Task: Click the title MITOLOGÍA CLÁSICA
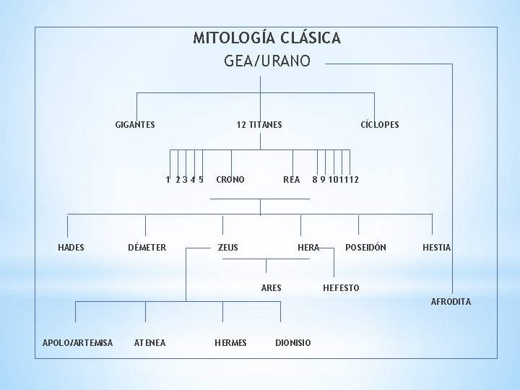266,38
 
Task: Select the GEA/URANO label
267,61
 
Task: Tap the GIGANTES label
135,125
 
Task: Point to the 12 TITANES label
259,125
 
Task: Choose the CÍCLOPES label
380,125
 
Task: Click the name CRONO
230,179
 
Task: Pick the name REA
292,179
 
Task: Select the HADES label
71,247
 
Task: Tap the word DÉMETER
147,247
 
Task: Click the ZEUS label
228,247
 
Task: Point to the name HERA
308,247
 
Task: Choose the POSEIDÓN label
365,247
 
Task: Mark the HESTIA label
437,247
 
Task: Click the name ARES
272,288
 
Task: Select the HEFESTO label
341,288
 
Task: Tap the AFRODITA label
451,302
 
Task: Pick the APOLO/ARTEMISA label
78,342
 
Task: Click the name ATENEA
150,342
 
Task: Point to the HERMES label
231,342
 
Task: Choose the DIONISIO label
293,342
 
